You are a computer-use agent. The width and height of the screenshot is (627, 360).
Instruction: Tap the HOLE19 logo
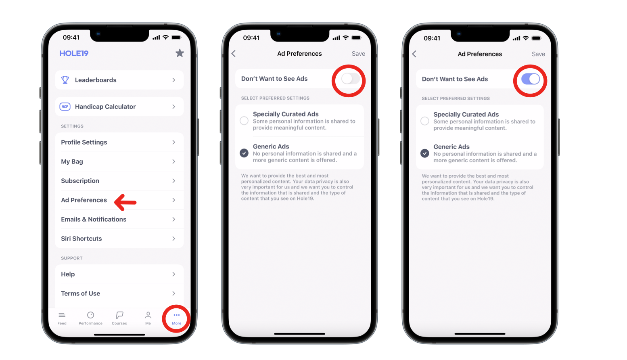(74, 53)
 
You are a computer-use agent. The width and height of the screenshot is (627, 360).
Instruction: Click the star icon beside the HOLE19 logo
(180, 53)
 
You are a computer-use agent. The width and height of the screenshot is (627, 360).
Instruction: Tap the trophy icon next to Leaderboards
(65, 80)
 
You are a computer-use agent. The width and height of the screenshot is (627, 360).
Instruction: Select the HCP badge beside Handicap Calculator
(65, 107)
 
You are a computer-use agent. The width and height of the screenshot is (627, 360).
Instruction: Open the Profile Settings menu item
(84, 142)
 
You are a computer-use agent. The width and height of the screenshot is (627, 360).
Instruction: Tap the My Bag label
(72, 161)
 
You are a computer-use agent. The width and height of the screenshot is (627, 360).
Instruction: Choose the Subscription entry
(80, 181)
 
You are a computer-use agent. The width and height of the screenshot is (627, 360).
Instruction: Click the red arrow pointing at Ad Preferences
(125, 202)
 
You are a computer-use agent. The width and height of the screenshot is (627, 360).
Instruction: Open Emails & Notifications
(94, 219)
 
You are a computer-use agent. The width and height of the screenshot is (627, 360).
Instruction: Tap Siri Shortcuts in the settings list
(82, 239)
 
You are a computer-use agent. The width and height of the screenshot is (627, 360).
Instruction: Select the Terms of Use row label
(81, 293)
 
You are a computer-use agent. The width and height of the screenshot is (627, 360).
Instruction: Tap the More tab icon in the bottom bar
(177, 315)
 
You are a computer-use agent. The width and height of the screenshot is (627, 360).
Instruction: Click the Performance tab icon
(90, 315)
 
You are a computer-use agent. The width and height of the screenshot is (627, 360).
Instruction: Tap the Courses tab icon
(119, 315)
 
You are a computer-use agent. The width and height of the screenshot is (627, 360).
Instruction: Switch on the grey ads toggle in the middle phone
(351, 79)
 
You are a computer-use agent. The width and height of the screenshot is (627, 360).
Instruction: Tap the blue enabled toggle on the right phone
(531, 79)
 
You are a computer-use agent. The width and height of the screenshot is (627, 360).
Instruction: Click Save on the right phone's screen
(538, 54)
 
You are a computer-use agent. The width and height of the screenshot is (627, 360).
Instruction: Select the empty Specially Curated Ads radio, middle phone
(244, 121)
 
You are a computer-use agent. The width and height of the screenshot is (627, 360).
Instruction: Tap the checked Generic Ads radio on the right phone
(424, 153)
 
